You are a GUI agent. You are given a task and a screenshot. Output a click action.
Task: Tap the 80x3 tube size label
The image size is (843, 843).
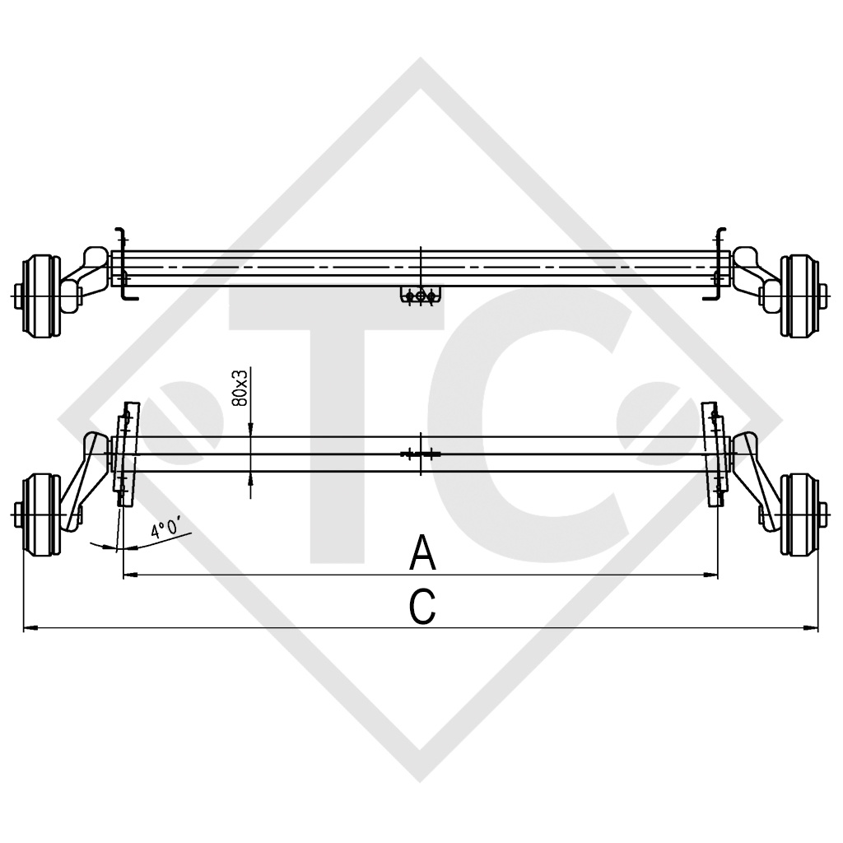point(240,386)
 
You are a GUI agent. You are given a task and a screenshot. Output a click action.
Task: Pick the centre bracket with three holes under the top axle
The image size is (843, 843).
point(421,296)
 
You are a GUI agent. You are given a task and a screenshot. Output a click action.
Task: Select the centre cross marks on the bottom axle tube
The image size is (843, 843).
point(421,454)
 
